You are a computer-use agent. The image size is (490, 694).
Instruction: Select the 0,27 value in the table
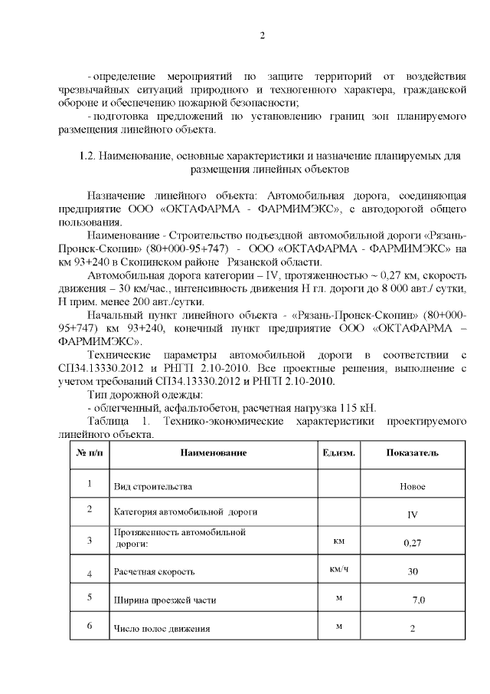coord(413,543)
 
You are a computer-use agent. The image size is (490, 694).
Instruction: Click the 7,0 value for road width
coord(418,600)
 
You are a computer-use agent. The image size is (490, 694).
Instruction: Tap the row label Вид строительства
coord(152,487)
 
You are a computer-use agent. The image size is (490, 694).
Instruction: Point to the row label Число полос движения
coord(162,630)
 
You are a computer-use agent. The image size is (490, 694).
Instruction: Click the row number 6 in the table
coord(90,627)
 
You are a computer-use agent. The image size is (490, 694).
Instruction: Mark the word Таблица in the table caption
coord(109,422)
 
